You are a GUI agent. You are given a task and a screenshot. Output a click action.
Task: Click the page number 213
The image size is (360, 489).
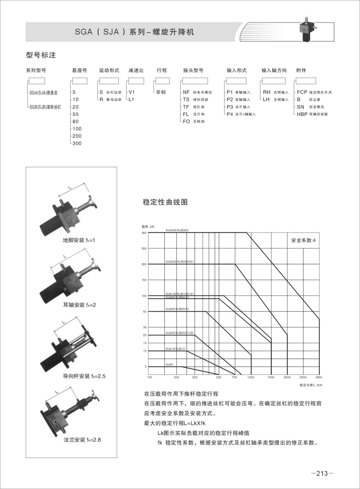322,473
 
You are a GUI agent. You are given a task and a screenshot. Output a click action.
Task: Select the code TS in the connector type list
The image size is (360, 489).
186,100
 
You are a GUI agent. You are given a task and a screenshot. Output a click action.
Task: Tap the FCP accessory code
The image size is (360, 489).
302,92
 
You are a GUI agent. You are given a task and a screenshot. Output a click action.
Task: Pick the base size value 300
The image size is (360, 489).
77,143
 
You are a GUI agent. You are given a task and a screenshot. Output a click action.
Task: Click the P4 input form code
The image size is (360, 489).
230,114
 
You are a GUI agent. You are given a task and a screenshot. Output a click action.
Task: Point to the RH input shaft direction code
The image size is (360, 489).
267,92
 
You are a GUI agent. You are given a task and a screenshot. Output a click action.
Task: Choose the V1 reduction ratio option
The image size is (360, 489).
132,92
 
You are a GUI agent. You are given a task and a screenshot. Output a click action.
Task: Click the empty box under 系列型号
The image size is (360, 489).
37,81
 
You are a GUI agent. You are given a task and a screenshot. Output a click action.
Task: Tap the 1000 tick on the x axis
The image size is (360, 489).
251,377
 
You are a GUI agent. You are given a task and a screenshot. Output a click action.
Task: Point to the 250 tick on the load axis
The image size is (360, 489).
144,249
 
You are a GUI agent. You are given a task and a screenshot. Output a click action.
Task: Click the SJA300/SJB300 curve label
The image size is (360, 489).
177,230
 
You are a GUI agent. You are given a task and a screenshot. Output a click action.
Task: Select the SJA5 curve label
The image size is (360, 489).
169,364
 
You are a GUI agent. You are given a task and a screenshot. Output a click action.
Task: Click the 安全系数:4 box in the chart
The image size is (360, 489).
303,241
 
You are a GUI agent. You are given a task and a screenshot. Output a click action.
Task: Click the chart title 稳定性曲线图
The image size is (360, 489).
165,202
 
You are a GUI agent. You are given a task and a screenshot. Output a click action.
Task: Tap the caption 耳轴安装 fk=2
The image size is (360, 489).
79,305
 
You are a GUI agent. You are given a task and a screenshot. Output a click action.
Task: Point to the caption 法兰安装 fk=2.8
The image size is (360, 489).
82,440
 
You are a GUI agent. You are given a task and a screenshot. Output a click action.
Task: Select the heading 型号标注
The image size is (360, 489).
41,55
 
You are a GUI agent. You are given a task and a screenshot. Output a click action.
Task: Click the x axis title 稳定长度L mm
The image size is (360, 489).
311,385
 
